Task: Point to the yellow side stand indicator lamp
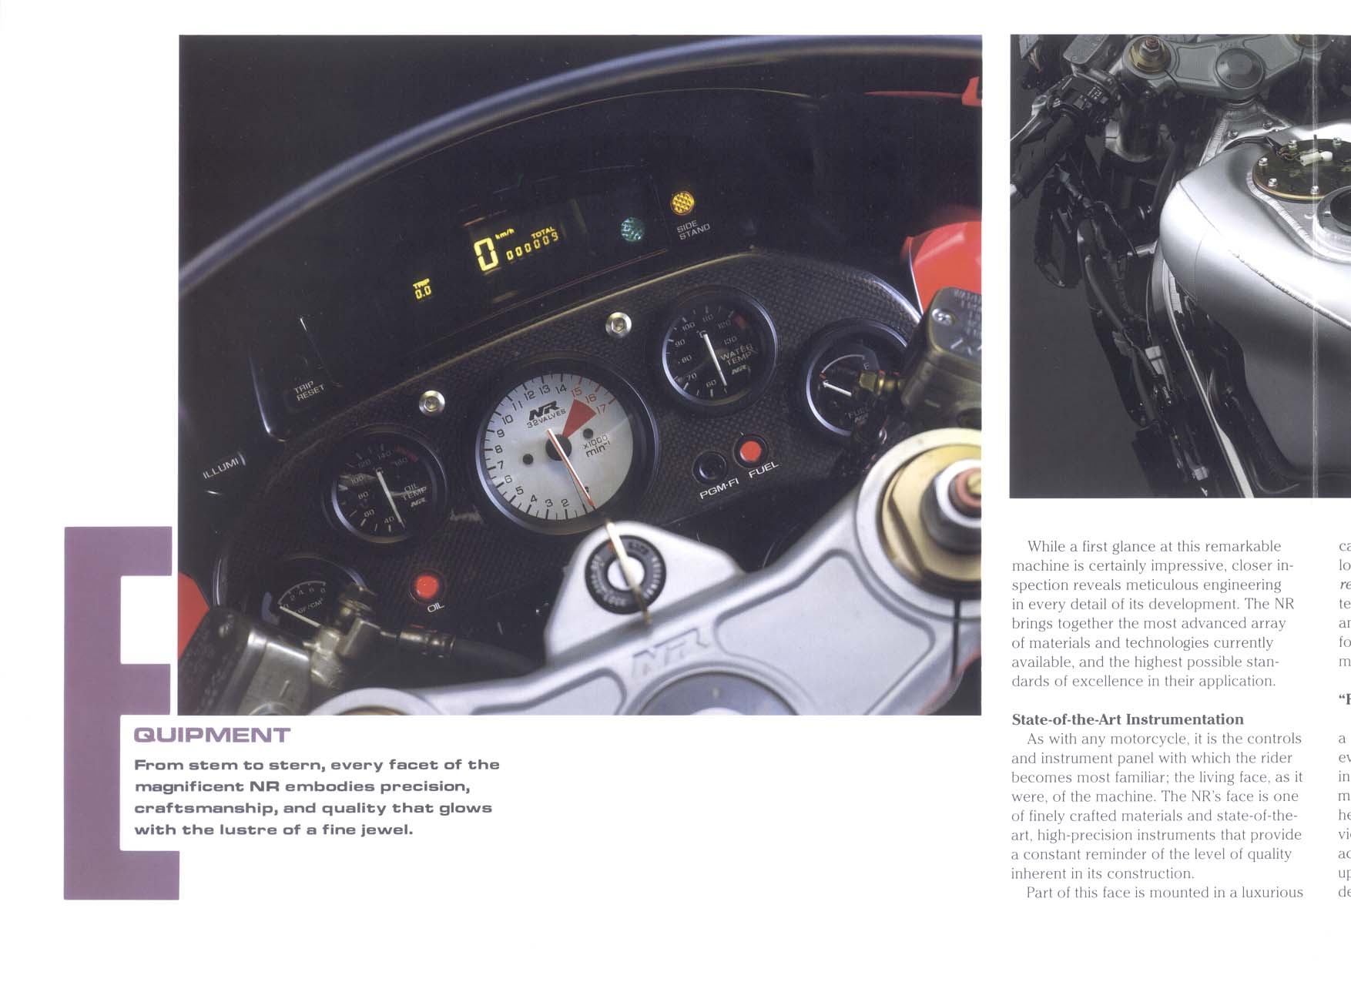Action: pos(682,202)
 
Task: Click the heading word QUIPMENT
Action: pos(212,735)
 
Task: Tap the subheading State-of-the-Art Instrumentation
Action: pos(1127,719)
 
